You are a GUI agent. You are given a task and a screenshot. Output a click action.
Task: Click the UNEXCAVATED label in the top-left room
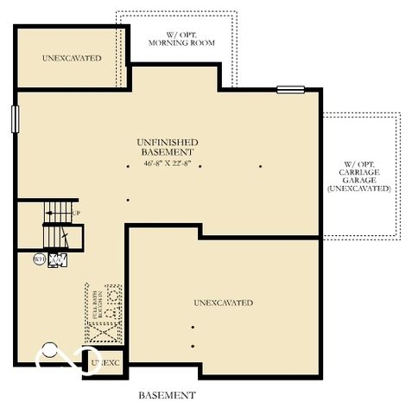pyautogui.click(x=71, y=58)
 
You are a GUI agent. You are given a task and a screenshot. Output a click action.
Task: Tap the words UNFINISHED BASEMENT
pyautogui.click(x=167, y=146)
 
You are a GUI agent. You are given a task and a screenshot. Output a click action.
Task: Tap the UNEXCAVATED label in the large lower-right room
pyautogui.click(x=223, y=303)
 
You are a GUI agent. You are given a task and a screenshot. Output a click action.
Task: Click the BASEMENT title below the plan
pyautogui.click(x=167, y=395)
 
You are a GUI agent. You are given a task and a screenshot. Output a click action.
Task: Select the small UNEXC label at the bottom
pyautogui.click(x=105, y=363)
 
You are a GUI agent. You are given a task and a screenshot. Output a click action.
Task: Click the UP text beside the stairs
pyautogui.click(x=76, y=213)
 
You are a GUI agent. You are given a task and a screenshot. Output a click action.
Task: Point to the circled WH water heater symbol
pyautogui.click(x=39, y=258)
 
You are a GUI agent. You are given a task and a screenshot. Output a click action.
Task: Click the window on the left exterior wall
pyautogui.click(x=14, y=119)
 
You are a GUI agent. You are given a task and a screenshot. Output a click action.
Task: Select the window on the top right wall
pyautogui.click(x=290, y=89)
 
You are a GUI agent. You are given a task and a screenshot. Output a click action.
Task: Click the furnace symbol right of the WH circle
pyautogui.click(x=59, y=259)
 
